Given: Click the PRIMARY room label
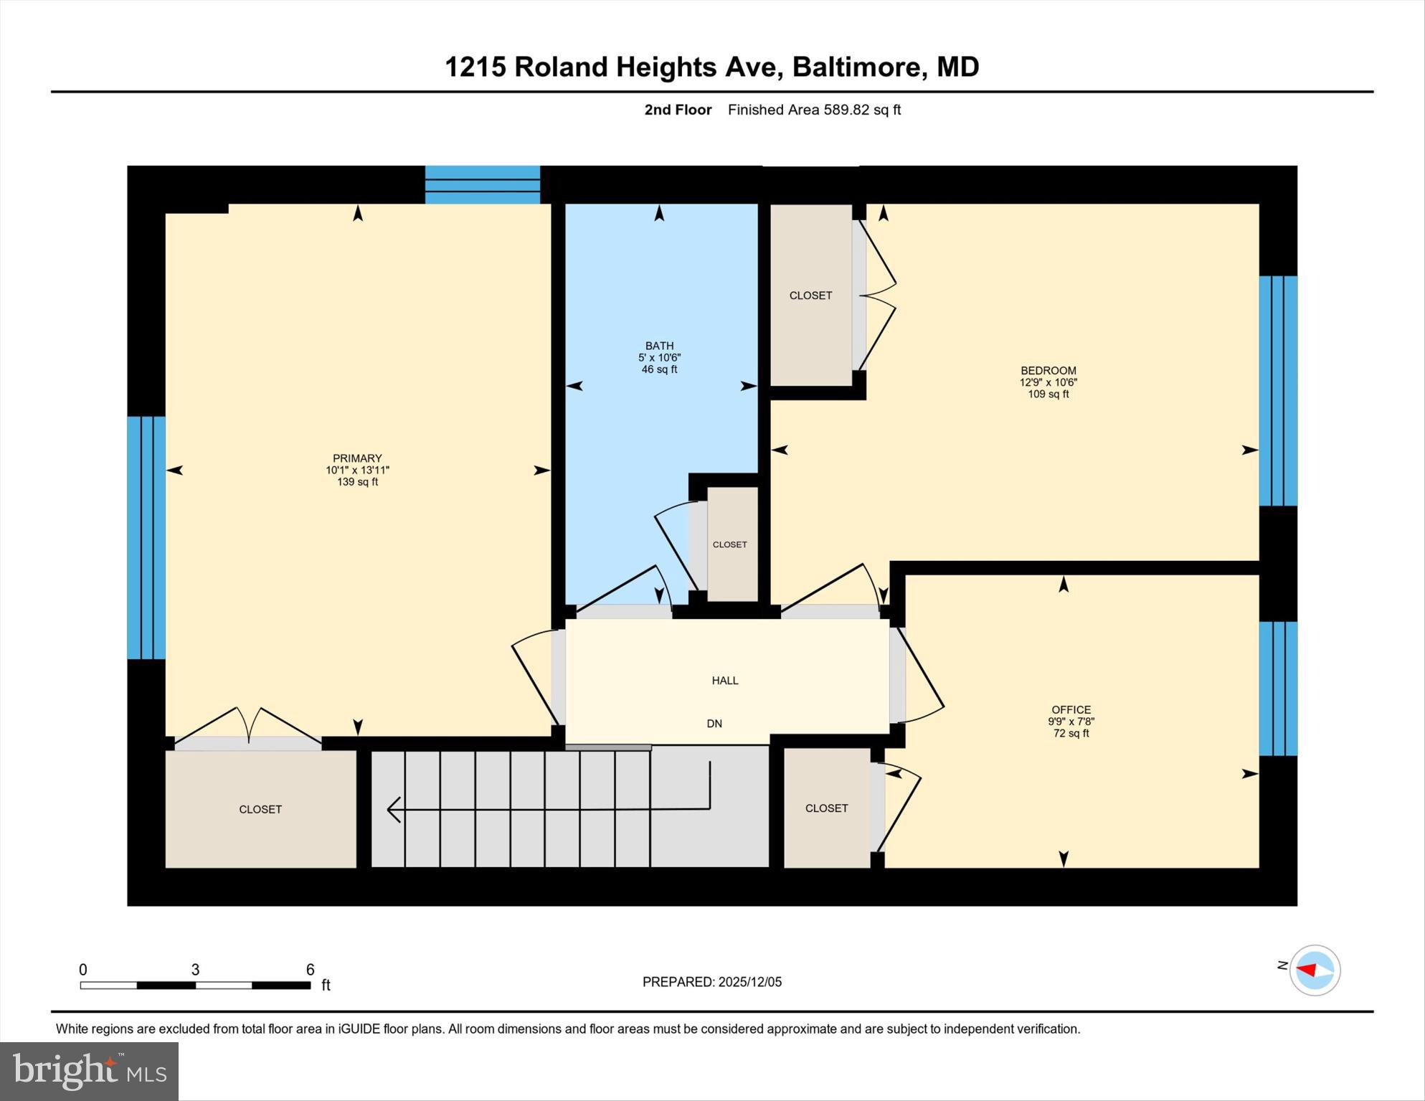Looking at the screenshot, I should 357,458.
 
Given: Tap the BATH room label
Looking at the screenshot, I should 659,346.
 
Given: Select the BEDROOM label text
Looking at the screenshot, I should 1048,371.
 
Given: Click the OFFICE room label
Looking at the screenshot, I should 1071,710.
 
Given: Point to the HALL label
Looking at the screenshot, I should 725,681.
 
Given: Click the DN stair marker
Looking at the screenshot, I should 714,724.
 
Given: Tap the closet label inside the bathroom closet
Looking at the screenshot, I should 729,544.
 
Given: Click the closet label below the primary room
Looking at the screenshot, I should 260,809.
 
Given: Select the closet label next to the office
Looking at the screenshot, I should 826,808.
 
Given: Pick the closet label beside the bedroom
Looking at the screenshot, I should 810,296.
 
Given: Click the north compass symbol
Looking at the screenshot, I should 1315,970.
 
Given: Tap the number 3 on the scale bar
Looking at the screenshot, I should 195,970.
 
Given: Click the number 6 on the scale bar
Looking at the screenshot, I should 311,970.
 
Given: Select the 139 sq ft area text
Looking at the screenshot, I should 357,482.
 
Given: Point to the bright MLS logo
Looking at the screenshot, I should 89,1071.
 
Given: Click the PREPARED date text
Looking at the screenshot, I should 711,982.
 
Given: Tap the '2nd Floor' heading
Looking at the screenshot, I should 678,110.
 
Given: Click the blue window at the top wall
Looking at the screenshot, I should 482,185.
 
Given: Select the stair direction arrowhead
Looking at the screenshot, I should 392,809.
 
